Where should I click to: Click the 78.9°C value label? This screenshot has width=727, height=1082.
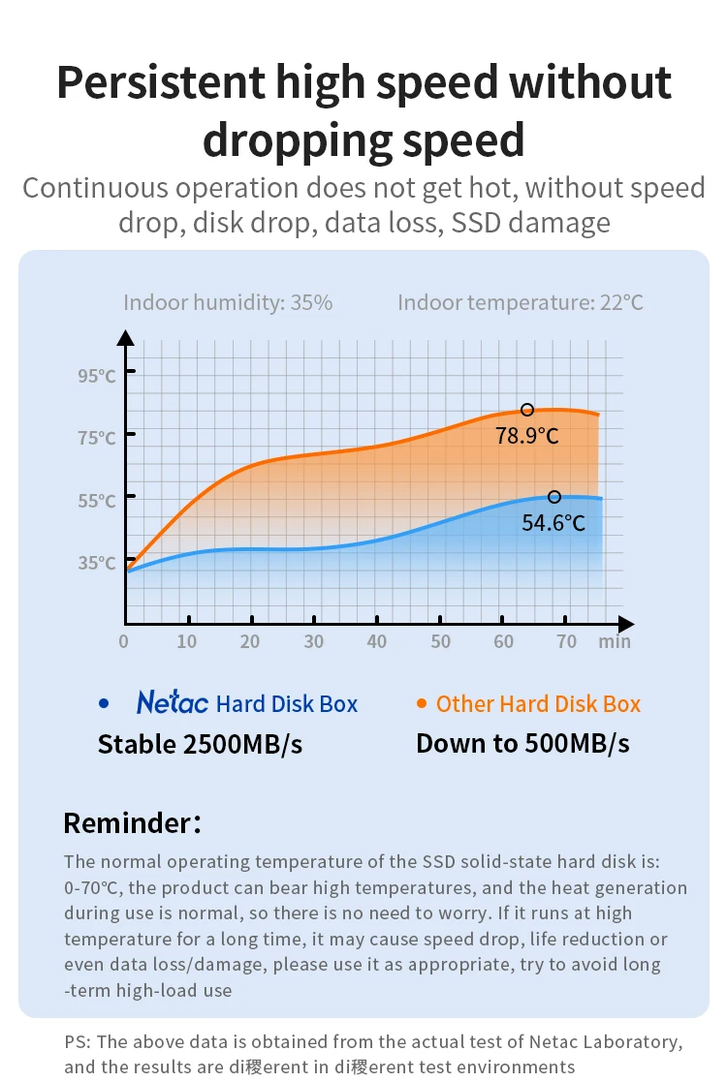[x=527, y=436]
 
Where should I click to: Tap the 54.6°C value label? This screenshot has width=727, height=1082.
[x=553, y=523]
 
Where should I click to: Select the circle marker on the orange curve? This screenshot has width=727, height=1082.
[x=527, y=410]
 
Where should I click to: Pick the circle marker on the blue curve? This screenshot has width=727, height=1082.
[x=554, y=497]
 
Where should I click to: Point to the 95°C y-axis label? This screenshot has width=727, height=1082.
[x=97, y=376]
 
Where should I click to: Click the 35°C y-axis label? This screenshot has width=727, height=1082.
[x=97, y=563]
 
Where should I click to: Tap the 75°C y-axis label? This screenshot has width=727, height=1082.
[x=97, y=438]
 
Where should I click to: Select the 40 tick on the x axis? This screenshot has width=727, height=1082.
[x=377, y=641]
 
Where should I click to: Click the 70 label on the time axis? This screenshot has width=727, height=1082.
[x=567, y=641]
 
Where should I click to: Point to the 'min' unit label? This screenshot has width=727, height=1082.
[x=615, y=641]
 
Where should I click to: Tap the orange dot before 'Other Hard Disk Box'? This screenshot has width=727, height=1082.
[x=422, y=704]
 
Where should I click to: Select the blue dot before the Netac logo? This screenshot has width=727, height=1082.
[x=104, y=704]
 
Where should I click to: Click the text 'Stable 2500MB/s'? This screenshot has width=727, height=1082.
[x=200, y=744]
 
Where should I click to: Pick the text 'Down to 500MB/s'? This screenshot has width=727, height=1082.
[x=522, y=743]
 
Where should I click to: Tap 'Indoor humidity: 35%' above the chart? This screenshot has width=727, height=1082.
[x=228, y=302]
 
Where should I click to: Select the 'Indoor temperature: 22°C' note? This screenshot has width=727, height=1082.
[x=521, y=302]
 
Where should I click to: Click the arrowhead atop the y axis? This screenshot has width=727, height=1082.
[x=125, y=337]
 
